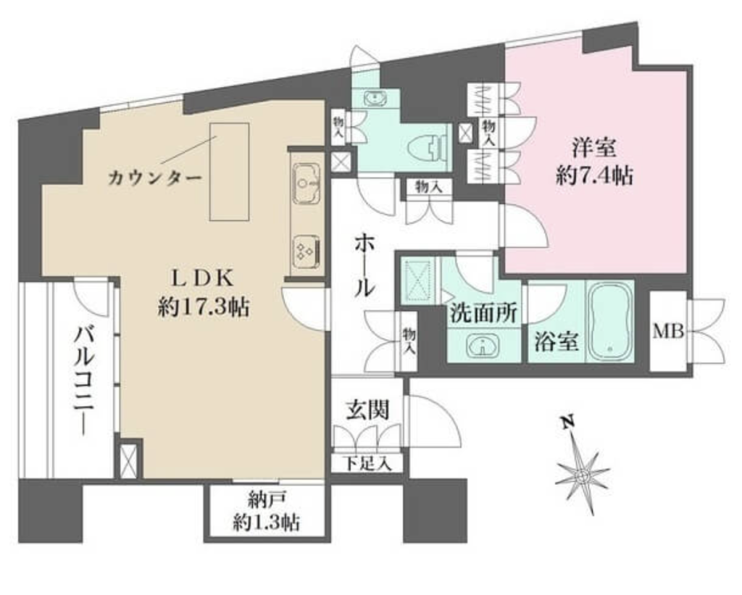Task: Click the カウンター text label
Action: tap(155, 179)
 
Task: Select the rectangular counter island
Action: tap(230, 171)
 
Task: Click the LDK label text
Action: tap(203, 279)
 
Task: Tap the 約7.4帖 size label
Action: tap(594, 176)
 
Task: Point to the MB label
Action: tap(668, 331)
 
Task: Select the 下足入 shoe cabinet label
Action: tap(367, 463)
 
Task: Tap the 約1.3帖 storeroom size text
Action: tap(266, 523)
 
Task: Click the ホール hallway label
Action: tap(365, 267)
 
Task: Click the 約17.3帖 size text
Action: tap(204, 308)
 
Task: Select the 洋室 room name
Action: tap(594, 148)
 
